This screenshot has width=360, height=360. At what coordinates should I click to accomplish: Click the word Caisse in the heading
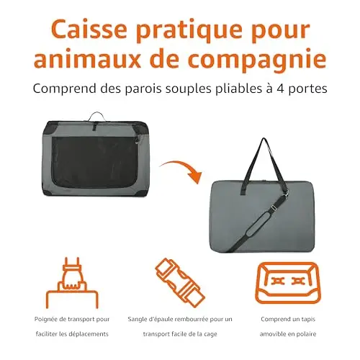tap(89, 30)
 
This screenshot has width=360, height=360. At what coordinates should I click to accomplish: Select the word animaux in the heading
tap(87, 59)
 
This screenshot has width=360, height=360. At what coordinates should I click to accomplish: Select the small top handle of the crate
tap(96, 117)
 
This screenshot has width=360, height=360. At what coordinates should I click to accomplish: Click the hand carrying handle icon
tap(72, 283)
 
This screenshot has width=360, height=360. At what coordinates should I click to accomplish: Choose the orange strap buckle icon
tap(180, 284)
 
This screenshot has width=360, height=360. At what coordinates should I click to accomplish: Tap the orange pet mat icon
tap(287, 283)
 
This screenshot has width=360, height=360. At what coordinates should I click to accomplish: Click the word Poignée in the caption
tap(46, 320)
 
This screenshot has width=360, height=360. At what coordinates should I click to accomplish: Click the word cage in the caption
tap(210, 335)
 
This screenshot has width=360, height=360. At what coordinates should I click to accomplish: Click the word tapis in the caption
tap(308, 320)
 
